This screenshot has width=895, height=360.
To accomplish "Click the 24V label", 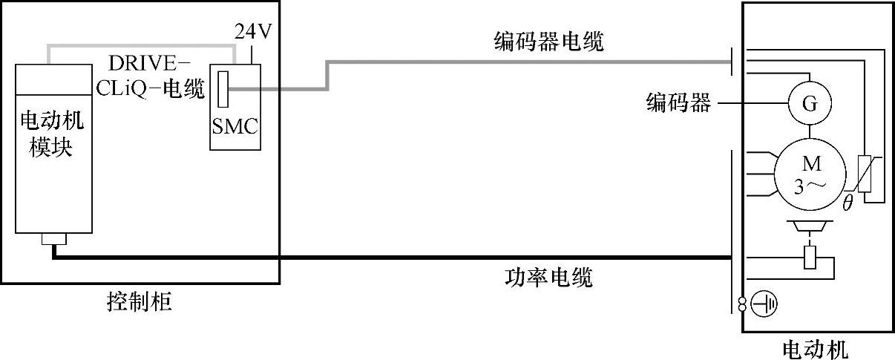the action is click(252, 32).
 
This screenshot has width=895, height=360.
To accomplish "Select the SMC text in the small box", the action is click(235, 127).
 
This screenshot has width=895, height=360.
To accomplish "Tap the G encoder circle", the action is click(810, 105).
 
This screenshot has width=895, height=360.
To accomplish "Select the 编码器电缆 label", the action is click(548, 42).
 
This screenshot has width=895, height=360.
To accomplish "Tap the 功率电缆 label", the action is click(548, 278).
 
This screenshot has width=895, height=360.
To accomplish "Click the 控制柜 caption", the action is click(140, 302).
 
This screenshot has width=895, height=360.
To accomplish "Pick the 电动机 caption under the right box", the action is click(816, 348).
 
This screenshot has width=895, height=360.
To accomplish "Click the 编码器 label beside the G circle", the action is click(678, 104).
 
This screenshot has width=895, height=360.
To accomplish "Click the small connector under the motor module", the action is click(53, 240).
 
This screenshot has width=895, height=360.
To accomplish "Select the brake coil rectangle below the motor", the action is click(810, 257).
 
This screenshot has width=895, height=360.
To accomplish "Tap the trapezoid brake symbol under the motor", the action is click(810, 226).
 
